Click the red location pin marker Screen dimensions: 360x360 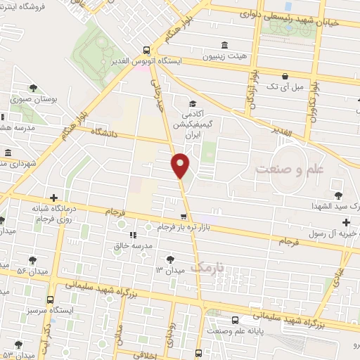[181, 165]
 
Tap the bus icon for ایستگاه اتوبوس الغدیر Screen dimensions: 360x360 [146, 50]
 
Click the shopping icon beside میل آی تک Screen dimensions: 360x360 [284, 76]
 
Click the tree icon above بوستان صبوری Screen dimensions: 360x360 [33, 88]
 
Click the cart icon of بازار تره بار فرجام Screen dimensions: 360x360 [183, 216]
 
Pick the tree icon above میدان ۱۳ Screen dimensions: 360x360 [170, 257]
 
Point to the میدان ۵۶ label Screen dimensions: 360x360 [32, 271]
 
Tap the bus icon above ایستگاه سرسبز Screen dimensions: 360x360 [51, 297]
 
